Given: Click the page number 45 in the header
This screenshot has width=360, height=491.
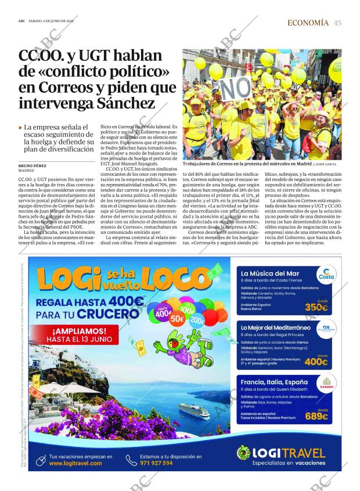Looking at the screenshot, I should click(x=338, y=23).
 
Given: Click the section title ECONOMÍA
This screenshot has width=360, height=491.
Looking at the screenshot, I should click(x=308, y=23).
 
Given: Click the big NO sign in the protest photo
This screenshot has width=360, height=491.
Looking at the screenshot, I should click(x=236, y=89).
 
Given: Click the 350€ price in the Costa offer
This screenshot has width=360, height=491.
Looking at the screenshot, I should click(x=316, y=307).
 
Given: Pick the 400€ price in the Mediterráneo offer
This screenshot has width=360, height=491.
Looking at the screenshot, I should click(x=316, y=361).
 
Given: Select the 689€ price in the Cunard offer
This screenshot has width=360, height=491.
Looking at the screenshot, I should click(x=316, y=416).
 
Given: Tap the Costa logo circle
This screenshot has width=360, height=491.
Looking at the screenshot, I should click(x=325, y=275).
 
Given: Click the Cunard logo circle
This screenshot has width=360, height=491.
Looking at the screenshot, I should click(x=325, y=384).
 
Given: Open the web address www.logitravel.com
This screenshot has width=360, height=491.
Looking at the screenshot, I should click(x=75, y=463).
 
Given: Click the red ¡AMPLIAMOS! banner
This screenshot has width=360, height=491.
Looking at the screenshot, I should click(x=78, y=335).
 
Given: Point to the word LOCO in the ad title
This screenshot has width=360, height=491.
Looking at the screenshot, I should click(x=172, y=280).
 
